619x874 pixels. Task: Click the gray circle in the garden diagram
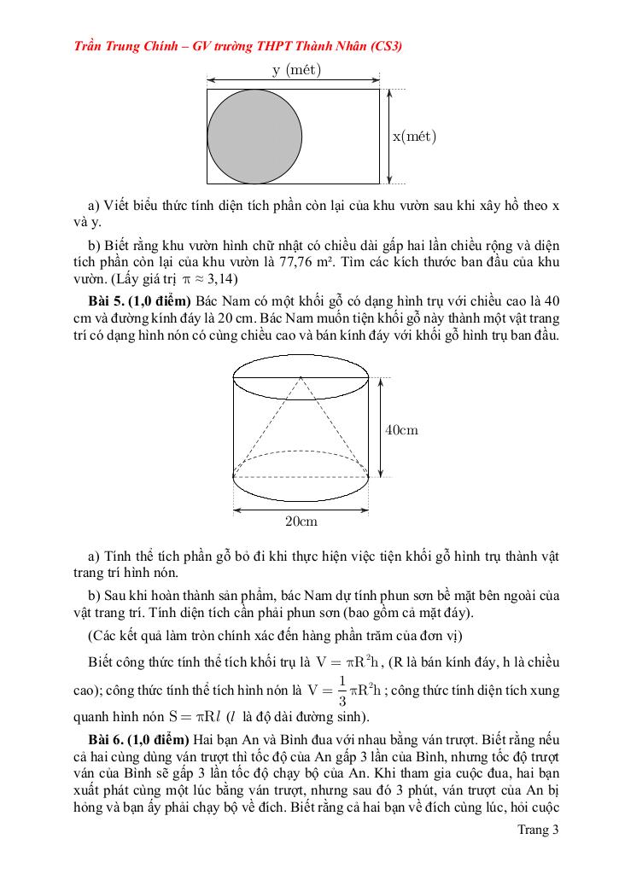coord(254,137)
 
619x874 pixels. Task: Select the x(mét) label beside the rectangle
coord(415,137)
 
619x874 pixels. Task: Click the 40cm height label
coord(401,430)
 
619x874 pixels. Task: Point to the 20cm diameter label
coord(301,521)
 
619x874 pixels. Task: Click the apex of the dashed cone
coord(301,376)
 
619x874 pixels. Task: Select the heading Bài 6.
coord(110,737)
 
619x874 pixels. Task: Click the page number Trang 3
coord(538,829)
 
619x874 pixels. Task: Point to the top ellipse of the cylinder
coord(301,376)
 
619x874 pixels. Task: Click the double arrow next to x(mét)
coord(389,137)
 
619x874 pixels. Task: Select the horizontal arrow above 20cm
coord(301,510)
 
